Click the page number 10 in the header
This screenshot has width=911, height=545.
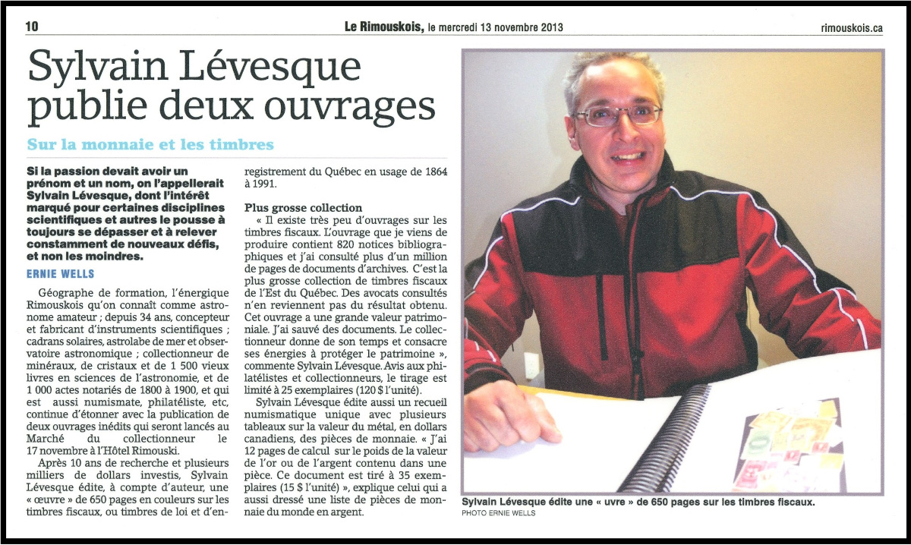32,26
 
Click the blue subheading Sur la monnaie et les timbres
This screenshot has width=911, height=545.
150,144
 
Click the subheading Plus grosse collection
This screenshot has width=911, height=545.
304,207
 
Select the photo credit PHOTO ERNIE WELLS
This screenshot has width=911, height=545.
499,514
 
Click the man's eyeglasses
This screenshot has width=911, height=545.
616,115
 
